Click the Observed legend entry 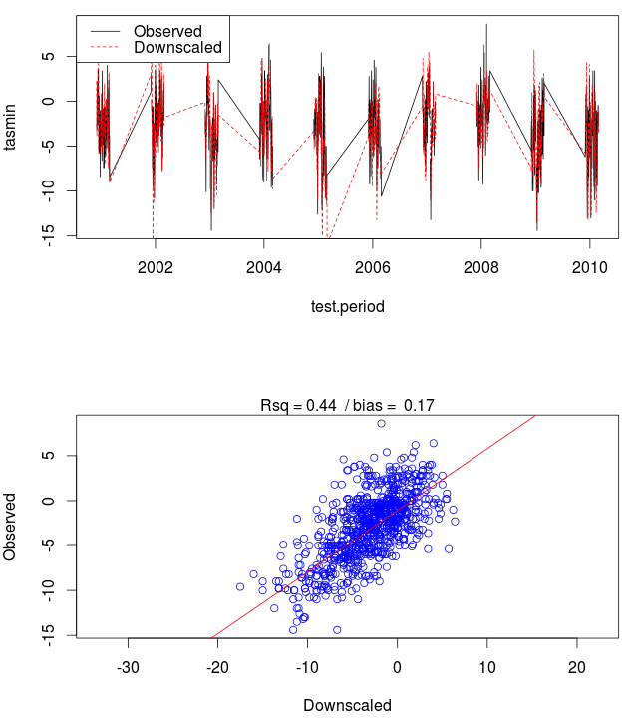click(166, 32)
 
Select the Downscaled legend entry click(176, 48)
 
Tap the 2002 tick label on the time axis click(155, 267)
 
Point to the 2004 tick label click(263, 267)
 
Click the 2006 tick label click(372, 267)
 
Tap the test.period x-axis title click(347, 307)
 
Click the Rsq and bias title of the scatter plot click(347, 405)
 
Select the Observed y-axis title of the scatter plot click(11, 525)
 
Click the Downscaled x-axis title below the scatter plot click(347, 705)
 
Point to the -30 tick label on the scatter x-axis click(128, 666)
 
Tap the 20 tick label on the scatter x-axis click(576, 666)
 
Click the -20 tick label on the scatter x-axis click(217, 666)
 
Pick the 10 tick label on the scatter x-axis click(486, 666)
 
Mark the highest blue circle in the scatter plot click(381, 423)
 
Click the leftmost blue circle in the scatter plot click(240, 587)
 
